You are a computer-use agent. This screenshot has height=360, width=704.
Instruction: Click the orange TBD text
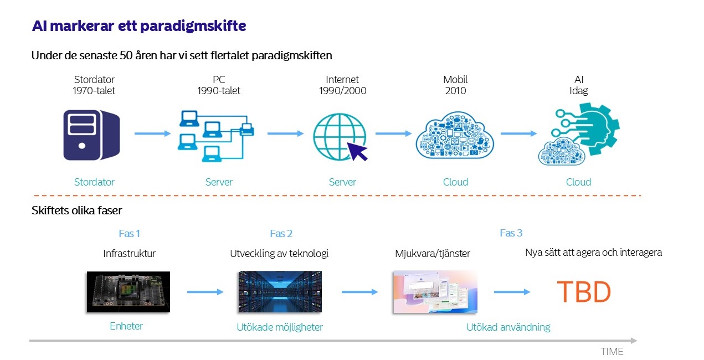coord(583,292)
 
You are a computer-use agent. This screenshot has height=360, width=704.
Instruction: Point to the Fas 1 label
coord(129,233)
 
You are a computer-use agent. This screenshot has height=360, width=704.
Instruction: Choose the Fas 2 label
coord(281,233)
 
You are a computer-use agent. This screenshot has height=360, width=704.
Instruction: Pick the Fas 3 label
coord(511,233)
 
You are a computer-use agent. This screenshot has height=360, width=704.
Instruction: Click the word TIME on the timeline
coord(611,352)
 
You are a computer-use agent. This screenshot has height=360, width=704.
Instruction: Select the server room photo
coord(280,292)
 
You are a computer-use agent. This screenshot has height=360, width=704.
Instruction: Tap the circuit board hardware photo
coord(128,292)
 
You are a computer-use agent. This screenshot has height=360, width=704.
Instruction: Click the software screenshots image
coord(435,292)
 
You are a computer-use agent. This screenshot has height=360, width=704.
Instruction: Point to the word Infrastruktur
coord(129,254)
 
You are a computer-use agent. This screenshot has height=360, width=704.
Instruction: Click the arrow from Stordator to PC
coord(152,133)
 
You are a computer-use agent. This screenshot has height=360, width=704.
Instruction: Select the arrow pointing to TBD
coord(512,292)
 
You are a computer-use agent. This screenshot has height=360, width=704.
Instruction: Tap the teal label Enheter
coord(126,326)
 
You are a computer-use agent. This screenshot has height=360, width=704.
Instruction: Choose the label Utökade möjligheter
coord(279,327)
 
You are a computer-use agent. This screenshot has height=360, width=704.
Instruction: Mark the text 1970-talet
coord(94,91)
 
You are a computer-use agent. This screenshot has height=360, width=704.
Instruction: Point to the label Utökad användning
coord(508,327)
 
